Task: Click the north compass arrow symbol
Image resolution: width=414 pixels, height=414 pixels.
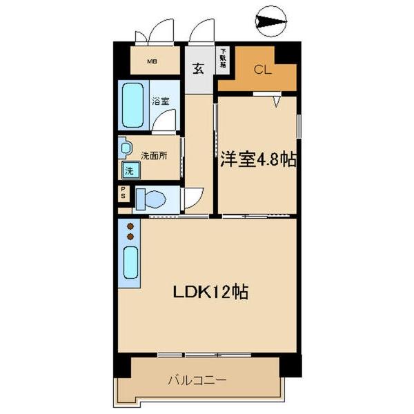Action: click(270, 23)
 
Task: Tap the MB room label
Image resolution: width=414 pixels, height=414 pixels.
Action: click(152, 61)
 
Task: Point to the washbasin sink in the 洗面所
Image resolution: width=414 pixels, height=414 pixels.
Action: click(124, 148)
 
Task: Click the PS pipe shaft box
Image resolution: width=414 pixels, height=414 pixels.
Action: click(123, 193)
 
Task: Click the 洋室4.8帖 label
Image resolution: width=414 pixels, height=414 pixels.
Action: click(259, 160)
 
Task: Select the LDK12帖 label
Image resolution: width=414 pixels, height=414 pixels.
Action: click(210, 291)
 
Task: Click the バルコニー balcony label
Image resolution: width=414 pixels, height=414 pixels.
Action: click(197, 380)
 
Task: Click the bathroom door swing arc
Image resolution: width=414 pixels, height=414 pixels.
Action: click(166, 121)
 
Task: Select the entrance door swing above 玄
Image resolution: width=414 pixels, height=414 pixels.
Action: click(203, 32)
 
